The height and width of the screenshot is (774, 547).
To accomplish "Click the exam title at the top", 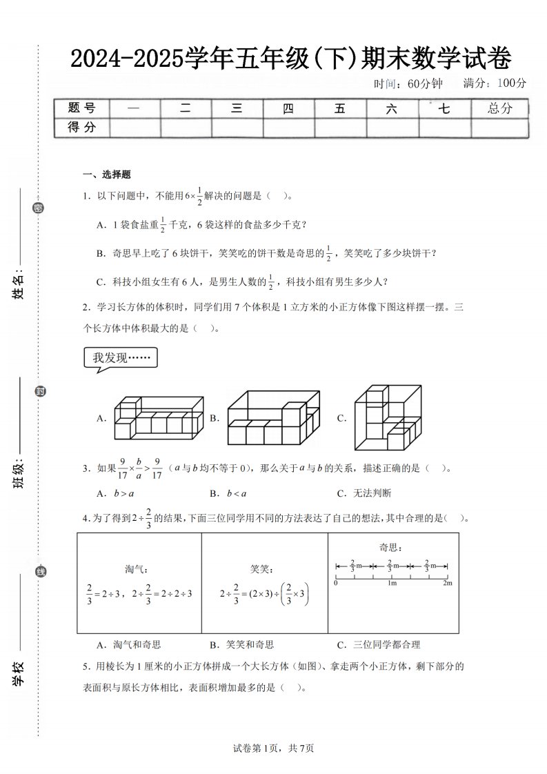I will click(290, 60).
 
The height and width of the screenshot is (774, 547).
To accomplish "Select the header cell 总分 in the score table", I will click(499, 108).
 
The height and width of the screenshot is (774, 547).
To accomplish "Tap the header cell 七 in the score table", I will click(445, 108).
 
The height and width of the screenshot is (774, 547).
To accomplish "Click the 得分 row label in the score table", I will click(81, 127).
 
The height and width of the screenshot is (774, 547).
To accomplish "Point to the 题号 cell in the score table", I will click(81, 108).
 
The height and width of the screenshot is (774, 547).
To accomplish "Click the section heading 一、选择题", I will click(107, 174).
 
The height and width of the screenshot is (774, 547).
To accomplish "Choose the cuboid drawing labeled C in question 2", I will click(386, 417).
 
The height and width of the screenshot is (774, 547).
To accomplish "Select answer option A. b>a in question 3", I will click(116, 493).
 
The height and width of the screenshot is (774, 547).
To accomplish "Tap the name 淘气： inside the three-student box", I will click(137, 569).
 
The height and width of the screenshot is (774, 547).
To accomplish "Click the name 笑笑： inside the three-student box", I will click(262, 569).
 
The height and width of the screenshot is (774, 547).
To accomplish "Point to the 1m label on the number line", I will click(391, 584).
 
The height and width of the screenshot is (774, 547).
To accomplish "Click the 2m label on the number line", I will click(447, 584).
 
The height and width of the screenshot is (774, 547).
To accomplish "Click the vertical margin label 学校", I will click(19, 673).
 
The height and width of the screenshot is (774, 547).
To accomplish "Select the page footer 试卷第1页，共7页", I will click(274, 748).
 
